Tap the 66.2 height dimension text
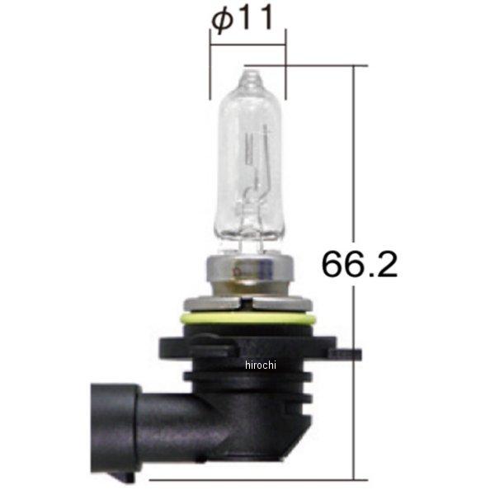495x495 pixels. (360, 263)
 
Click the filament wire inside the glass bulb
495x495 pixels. (262, 165)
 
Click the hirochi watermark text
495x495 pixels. (262, 364)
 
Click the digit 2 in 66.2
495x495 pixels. (387, 263)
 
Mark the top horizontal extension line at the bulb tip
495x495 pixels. (305, 65)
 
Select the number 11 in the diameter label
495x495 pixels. (256, 21)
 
